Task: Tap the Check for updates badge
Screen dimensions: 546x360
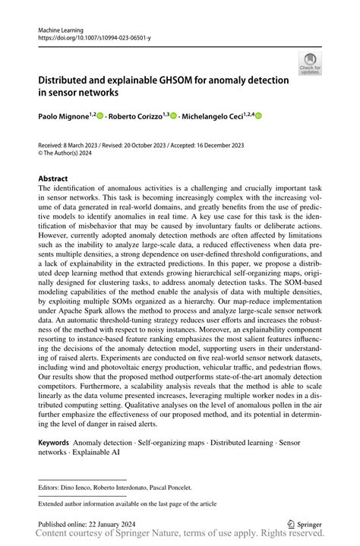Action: [x=309, y=64]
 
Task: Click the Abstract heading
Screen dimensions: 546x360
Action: [x=52, y=179]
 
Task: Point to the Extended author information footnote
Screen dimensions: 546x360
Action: [x=127, y=503]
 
